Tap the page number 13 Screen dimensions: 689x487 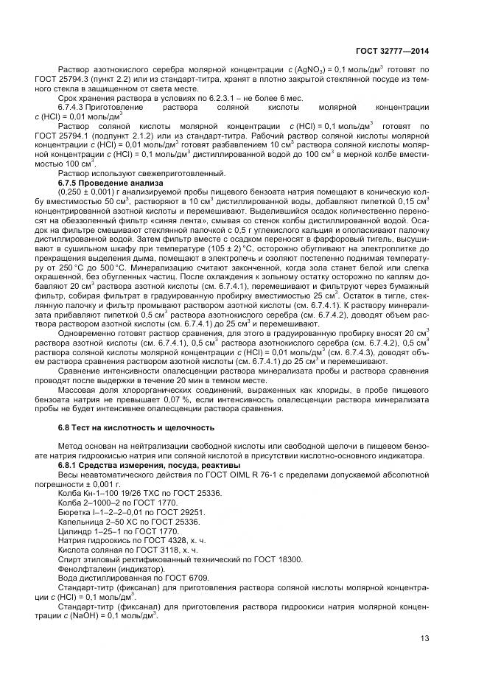click(x=424, y=638)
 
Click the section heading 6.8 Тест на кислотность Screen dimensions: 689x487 click(x=121, y=428)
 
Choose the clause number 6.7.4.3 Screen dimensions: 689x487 click(x=73, y=107)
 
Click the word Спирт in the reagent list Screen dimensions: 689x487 click(x=70, y=559)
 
